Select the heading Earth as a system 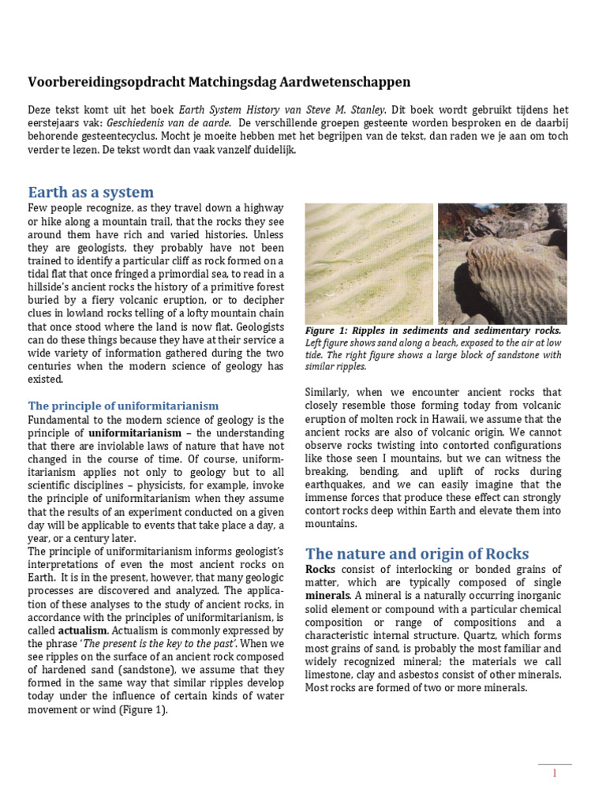point(91,193)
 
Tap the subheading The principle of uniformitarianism point(123,406)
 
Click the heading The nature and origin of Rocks point(417,553)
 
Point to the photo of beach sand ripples point(368,263)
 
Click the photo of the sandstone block point(502,263)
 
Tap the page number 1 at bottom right point(555,774)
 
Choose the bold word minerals point(327,595)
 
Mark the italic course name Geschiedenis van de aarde point(178,123)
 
